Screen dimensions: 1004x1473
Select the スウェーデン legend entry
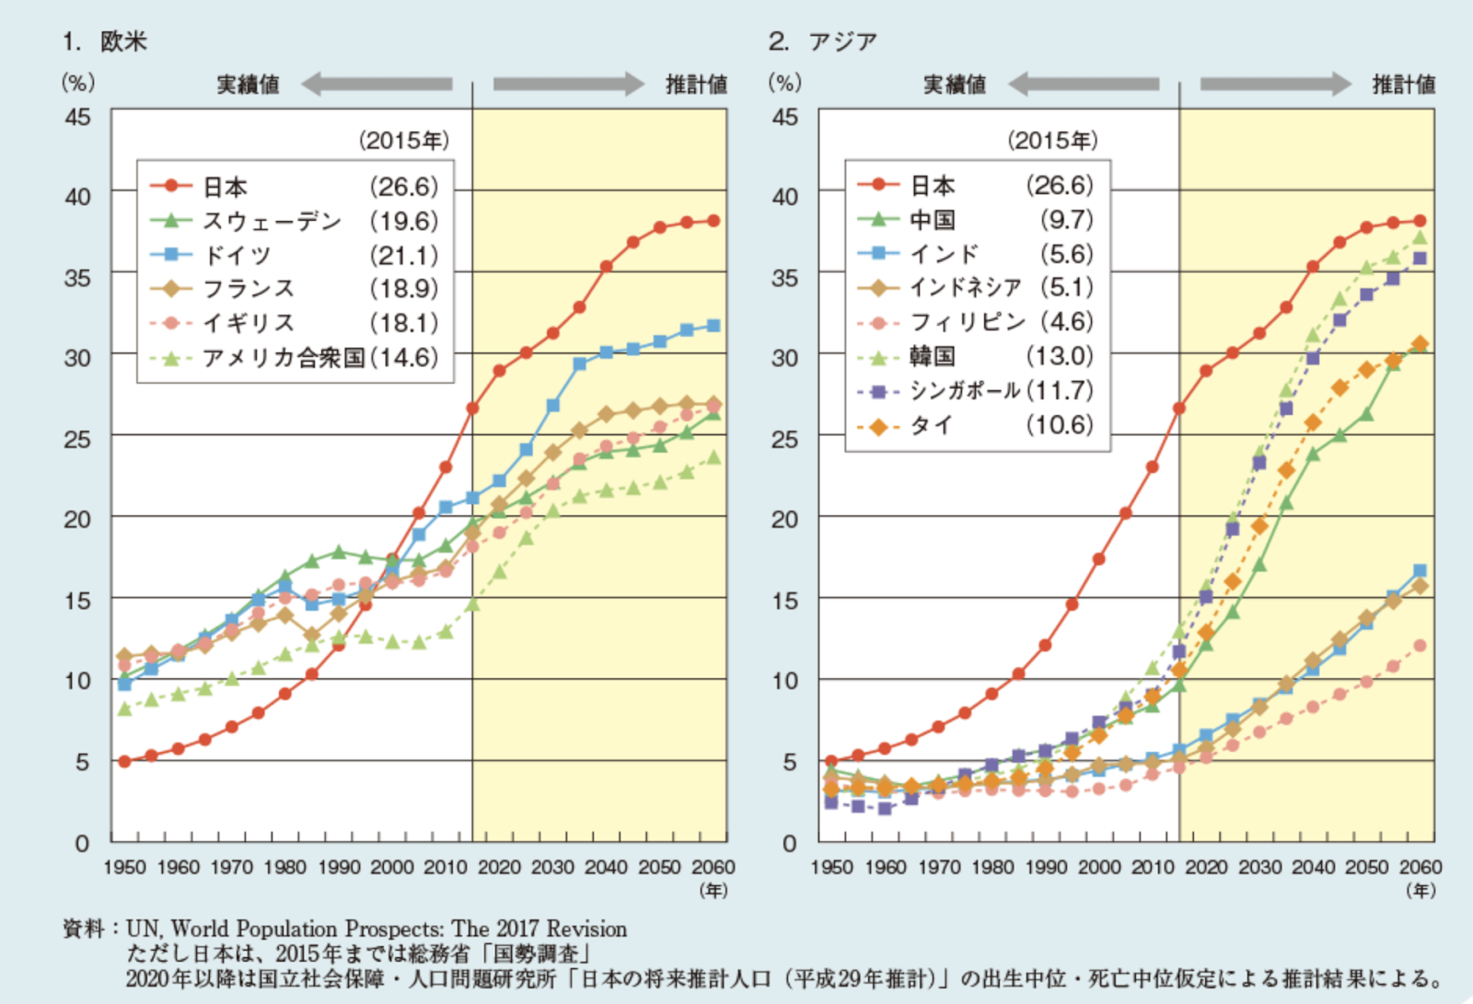(272, 221)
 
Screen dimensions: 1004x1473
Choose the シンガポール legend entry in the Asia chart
(965, 390)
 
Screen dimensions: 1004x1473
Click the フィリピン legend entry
(967, 322)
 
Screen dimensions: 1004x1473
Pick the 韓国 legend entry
(933, 356)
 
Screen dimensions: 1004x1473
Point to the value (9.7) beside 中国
(1066, 220)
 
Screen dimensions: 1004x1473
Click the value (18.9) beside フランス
(403, 289)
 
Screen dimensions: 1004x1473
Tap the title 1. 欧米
(105, 41)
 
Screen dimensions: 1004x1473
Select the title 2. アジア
(822, 41)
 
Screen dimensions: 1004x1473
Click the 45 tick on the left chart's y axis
(77, 117)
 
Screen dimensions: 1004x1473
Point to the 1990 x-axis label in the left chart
(339, 867)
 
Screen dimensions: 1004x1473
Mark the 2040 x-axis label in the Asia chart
(1313, 867)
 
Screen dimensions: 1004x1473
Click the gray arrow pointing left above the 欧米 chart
(377, 85)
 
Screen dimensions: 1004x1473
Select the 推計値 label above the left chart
(696, 85)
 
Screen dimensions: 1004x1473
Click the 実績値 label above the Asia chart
(955, 85)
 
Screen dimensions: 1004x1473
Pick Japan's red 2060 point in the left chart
(713, 221)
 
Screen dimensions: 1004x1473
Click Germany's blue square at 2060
(713, 326)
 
